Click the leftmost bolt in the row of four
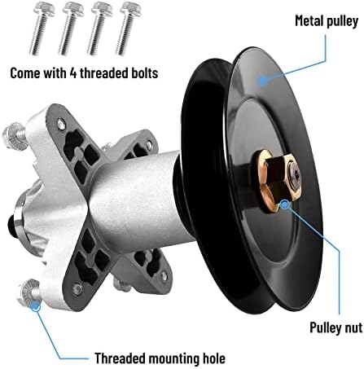41,28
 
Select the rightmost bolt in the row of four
128,28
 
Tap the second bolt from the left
70,28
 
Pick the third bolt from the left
99,28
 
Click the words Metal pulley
327,21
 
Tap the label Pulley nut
336,327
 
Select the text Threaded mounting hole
160,358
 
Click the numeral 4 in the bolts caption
73,73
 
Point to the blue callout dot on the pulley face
262,81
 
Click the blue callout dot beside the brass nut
284,204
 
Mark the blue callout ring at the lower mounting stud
36,306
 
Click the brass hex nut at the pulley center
277,182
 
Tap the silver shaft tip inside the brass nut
294,174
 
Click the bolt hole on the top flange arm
61,125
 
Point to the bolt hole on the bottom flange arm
77,288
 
